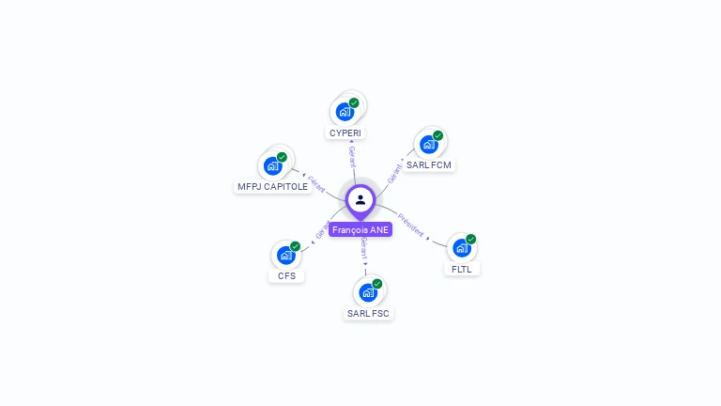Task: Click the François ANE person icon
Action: click(360, 199)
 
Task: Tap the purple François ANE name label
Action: click(360, 229)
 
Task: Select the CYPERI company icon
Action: click(345, 112)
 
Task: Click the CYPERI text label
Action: click(345, 133)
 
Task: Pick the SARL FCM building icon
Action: click(429, 145)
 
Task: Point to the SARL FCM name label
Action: click(429, 165)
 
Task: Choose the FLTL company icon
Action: click(461, 248)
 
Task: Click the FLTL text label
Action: click(461, 269)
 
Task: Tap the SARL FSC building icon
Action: click(368, 292)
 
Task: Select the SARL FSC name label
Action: click(368, 313)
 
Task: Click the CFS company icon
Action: click(286, 255)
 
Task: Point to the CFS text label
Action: click(286, 276)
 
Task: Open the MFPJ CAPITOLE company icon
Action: click(273, 166)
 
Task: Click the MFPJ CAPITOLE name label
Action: click(273, 187)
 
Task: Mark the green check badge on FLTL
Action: click(471, 239)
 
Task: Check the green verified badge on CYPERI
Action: click(354, 102)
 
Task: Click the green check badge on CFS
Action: click(296, 246)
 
